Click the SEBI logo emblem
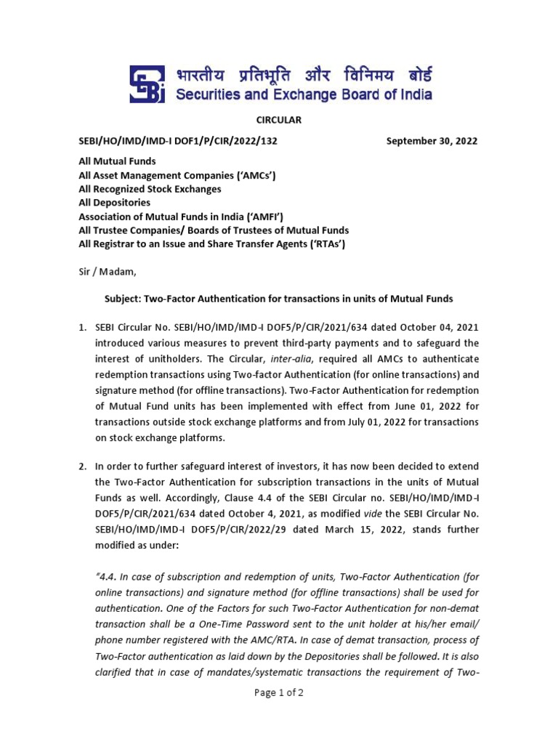click(x=147, y=84)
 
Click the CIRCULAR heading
click(x=278, y=120)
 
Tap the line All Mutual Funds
click(x=117, y=161)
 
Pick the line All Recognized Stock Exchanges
click(x=150, y=189)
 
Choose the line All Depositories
click(x=114, y=203)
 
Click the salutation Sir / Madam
click(x=107, y=272)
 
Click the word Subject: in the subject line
click(x=119, y=299)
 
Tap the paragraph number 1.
click(x=82, y=327)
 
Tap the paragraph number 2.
click(x=82, y=466)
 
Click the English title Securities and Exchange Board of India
click(x=304, y=94)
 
